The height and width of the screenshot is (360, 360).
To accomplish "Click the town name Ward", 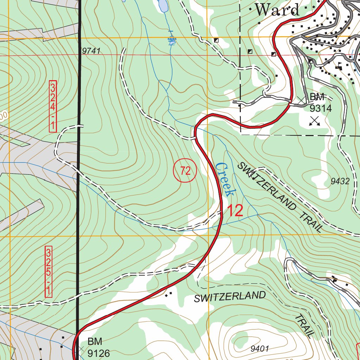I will tap(277, 9).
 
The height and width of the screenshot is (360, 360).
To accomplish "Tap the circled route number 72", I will tap(185, 171).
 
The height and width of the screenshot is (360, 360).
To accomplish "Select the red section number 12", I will tap(235, 211).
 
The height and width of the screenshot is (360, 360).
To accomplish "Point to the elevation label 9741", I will tap(91, 51).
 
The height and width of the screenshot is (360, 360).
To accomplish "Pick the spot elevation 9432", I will tap(340, 181).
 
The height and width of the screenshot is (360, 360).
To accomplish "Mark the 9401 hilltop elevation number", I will tap(260, 349).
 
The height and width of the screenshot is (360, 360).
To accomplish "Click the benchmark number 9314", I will tap(320, 108).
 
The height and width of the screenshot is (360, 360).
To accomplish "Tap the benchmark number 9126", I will tap(99, 353).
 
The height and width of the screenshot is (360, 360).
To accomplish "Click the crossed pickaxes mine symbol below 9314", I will tap(315, 121).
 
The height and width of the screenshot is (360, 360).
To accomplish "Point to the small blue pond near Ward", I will tap(162, 5).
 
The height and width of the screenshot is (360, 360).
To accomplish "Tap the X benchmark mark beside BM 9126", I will tap(82, 349).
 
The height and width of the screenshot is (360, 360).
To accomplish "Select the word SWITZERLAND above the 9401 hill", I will tap(230, 297).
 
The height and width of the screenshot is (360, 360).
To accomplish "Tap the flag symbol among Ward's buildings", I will tap(340, 65).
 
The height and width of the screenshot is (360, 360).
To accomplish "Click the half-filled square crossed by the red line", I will tap(274, 54).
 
